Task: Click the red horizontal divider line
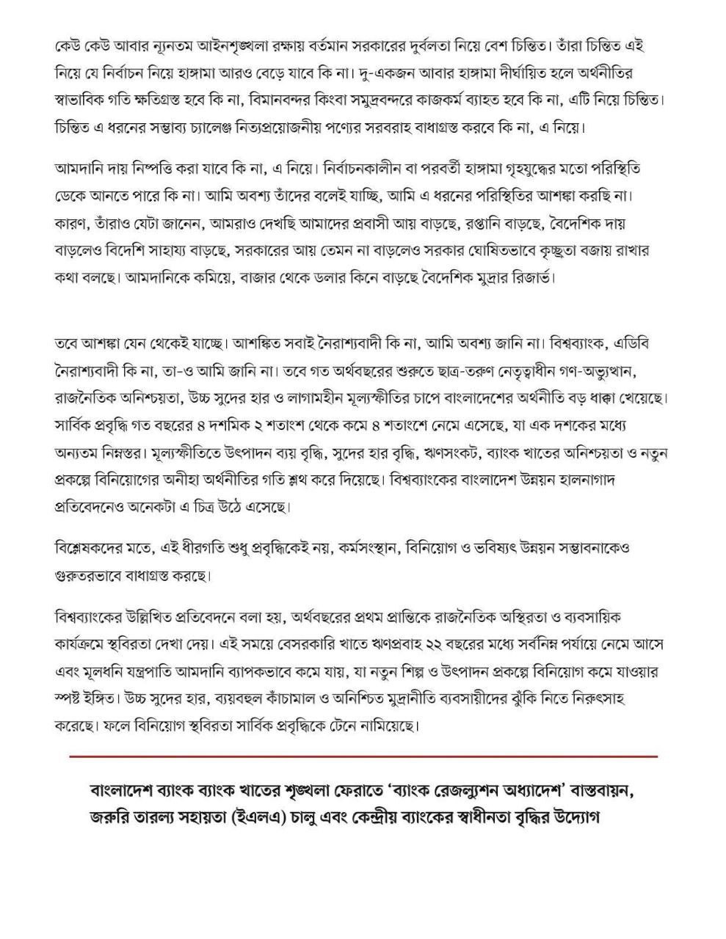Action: point(363,755)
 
